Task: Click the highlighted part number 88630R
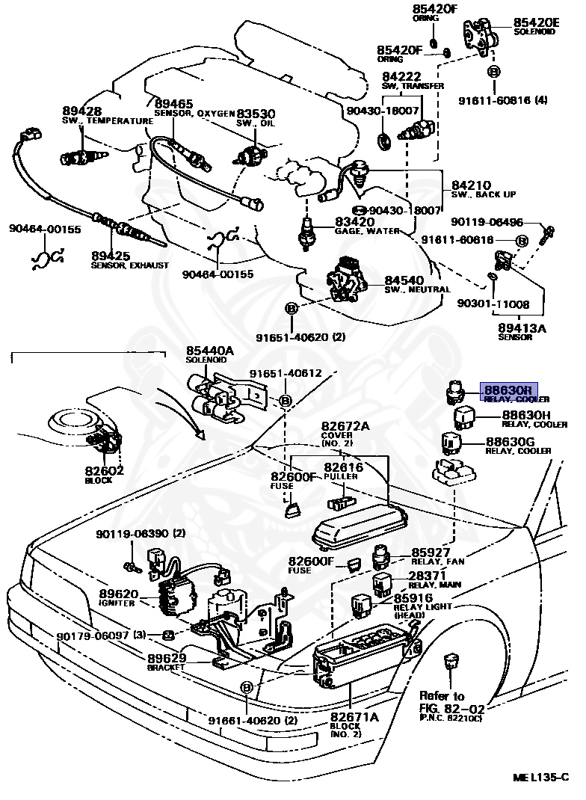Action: tap(508, 390)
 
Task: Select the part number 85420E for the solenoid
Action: tap(536, 22)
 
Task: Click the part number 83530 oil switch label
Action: tap(256, 114)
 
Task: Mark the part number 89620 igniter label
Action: tap(119, 594)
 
